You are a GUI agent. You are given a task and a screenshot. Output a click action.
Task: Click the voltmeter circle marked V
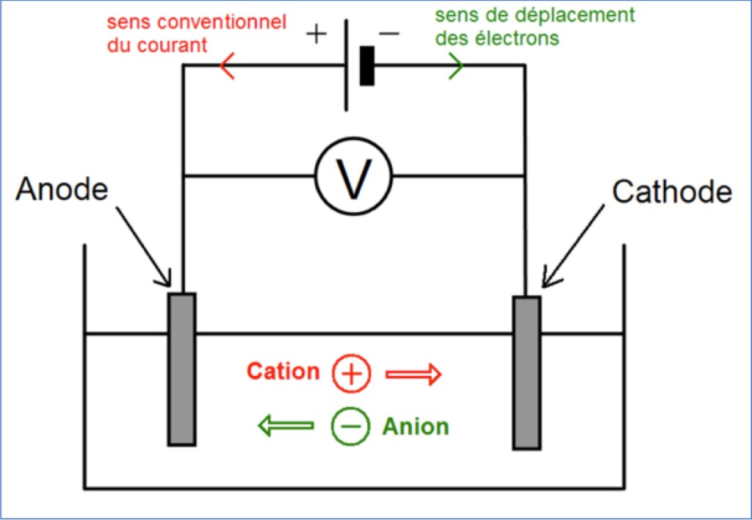[354, 176]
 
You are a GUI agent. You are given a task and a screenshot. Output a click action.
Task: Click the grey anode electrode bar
[182, 369]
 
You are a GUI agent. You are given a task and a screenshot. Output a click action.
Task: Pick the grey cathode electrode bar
[527, 372]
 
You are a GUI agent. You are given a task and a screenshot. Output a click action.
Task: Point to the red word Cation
[283, 372]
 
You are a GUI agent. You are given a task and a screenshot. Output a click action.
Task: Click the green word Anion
[415, 426]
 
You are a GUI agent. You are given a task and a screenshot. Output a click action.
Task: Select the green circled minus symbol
[351, 427]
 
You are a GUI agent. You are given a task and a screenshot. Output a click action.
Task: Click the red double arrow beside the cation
[413, 375]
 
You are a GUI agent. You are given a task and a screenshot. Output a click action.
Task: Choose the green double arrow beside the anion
[286, 425]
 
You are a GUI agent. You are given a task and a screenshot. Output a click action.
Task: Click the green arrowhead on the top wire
[456, 66]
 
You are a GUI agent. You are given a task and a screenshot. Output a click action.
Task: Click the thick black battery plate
[367, 65]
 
